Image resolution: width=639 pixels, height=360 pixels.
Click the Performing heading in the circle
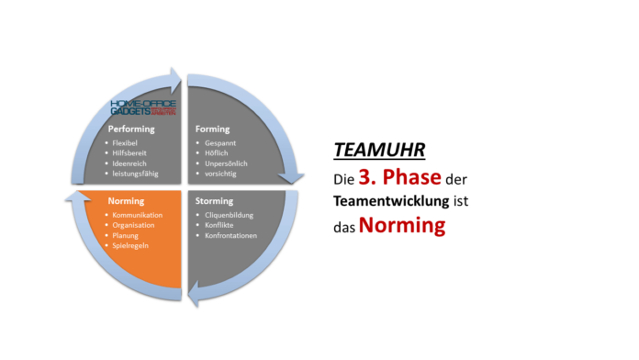pos(130,129)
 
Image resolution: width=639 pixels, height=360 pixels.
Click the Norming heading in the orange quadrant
pos(126,200)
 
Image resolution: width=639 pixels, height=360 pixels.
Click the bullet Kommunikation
pos(139,215)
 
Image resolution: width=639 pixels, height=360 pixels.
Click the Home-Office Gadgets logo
pos(137,107)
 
